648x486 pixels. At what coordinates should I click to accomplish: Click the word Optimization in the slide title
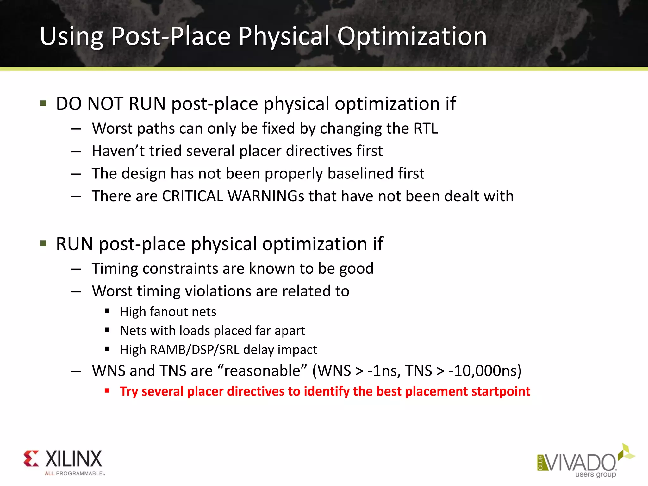pyautogui.click(x=412, y=37)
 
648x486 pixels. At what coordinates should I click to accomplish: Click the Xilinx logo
pyautogui.click(x=63, y=462)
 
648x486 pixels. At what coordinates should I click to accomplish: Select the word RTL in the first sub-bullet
pyautogui.click(x=426, y=128)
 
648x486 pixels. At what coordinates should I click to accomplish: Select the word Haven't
pyautogui.click(x=118, y=151)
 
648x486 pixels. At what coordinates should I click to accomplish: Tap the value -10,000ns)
pyautogui.click(x=485, y=371)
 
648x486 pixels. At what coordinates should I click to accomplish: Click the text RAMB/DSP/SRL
pyautogui.click(x=194, y=350)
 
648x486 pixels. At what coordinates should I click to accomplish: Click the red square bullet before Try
pyautogui.click(x=107, y=391)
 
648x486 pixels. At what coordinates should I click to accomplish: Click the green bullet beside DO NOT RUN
pyautogui.click(x=43, y=103)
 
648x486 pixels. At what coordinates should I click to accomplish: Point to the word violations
pyautogui.click(x=218, y=291)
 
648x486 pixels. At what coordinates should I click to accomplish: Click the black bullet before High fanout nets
pyautogui.click(x=107, y=311)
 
